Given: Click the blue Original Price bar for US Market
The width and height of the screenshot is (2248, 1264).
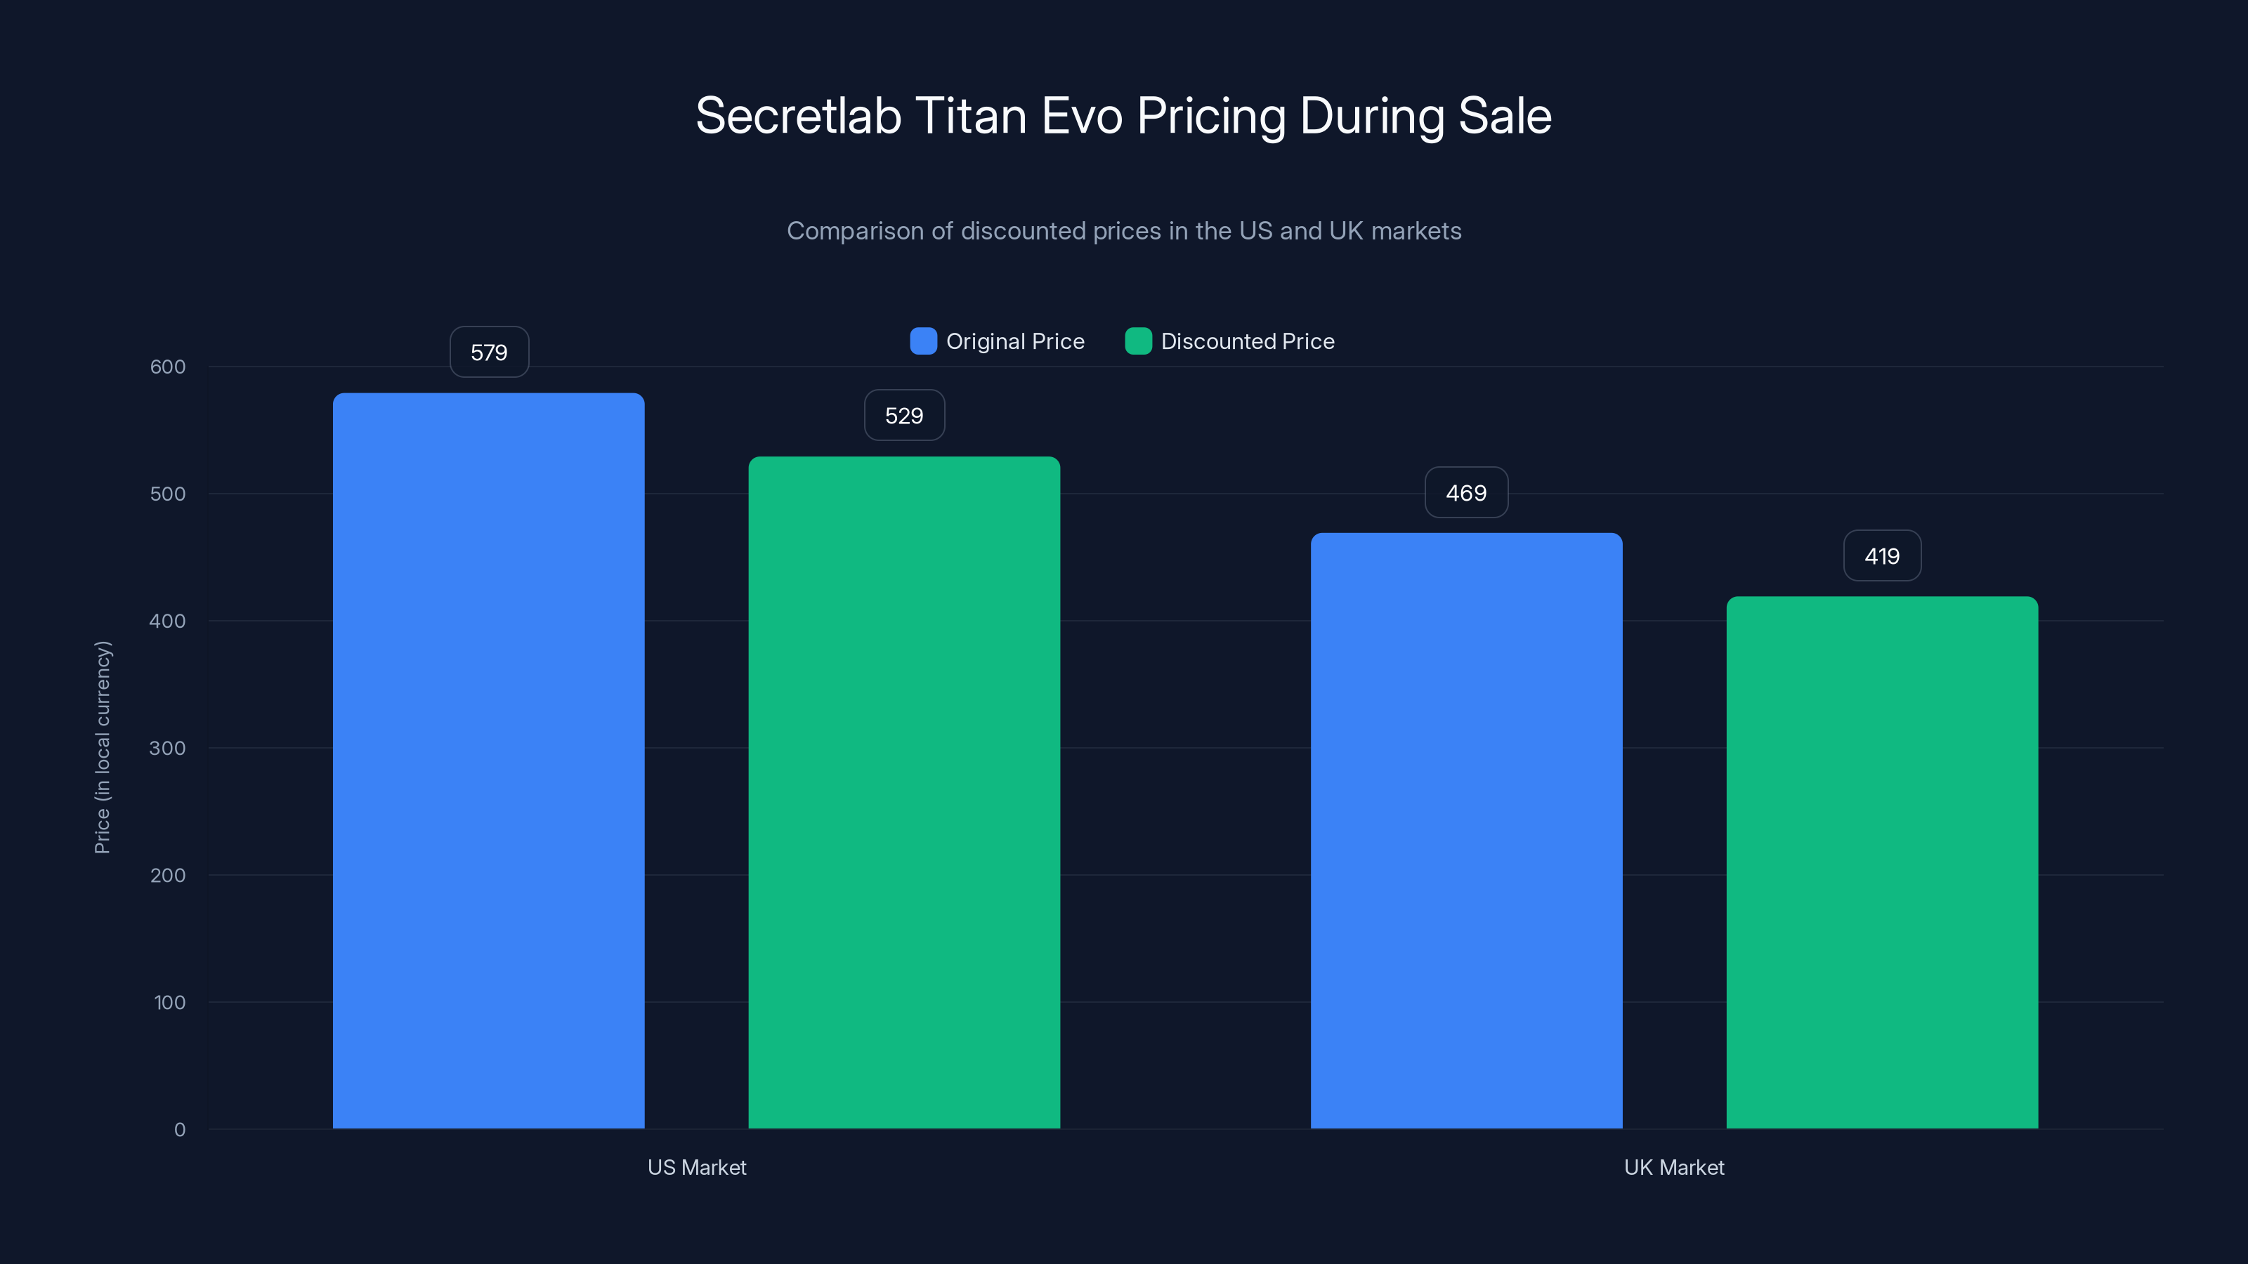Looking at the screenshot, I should pyautogui.click(x=489, y=761).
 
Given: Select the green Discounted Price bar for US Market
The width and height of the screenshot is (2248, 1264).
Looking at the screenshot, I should pyautogui.click(x=904, y=792).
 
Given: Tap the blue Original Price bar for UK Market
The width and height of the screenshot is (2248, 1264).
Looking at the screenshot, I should pyautogui.click(x=1466, y=831).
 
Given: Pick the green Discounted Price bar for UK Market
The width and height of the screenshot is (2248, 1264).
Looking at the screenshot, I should pyautogui.click(x=1881, y=862).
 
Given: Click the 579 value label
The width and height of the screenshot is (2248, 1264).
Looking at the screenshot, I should pyautogui.click(x=489, y=353).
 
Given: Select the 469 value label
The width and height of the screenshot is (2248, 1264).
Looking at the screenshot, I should pyautogui.click(x=1466, y=493).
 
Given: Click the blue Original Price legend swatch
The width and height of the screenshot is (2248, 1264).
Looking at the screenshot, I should pyautogui.click(x=923, y=341).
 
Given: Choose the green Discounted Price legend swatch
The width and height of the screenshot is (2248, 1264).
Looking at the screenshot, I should pyautogui.click(x=1138, y=341).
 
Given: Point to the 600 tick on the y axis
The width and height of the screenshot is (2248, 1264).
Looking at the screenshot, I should pyautogui.click(x=168, y=367).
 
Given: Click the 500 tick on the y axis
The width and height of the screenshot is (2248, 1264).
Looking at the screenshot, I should pyautogui.click(x=168, y=494).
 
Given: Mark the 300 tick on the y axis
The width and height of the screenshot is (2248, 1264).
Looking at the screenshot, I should pyautogui.click(x=168, y=749).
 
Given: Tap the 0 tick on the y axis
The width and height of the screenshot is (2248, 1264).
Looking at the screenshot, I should pyautogui.click(x=180, y=1130).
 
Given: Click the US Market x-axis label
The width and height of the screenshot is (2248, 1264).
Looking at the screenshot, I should pyautogui.click(x=696, y=1167).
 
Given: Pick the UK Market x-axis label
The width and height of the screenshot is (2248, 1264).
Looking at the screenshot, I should pyautogui.click(x=1674, y=1167).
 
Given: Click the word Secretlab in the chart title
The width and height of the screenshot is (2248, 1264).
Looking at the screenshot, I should pyautogui.click(x=797, y=116).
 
